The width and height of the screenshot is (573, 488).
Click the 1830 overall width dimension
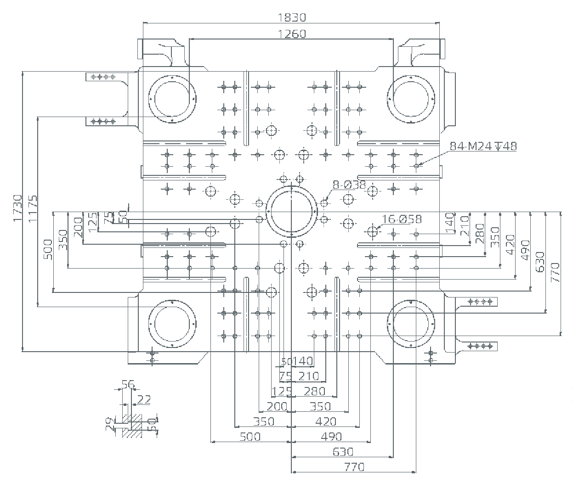(292, 17)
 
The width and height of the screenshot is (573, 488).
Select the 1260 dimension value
(292, 34)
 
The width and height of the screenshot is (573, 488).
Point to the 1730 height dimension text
(17, 208)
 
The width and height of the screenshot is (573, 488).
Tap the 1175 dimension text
(33, 209)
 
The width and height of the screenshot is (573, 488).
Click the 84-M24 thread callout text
(483, 146)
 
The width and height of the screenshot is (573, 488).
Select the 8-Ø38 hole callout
(349, 185)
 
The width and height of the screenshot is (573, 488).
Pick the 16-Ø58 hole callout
(402, 219)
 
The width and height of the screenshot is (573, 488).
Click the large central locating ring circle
(292, 211)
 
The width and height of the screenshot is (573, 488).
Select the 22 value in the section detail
(143, 400)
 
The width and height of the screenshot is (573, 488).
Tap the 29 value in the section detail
(110, 425)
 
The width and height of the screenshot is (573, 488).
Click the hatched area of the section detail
(135, 426)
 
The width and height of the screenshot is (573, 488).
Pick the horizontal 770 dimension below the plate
(354, 467)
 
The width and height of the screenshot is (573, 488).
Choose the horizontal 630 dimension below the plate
(343, 452)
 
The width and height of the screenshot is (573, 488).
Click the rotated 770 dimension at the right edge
(555, 272)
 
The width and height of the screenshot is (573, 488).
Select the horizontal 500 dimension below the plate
(250, 437)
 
